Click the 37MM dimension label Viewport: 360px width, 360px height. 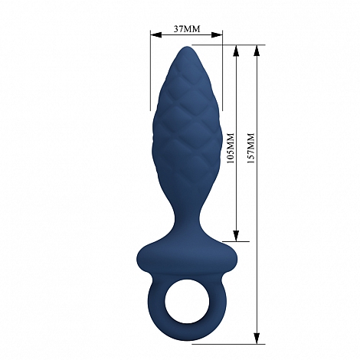(x=187, y=29)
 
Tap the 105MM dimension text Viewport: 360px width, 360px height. (x=231, y=148)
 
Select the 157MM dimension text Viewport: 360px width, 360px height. (x=251, y=148)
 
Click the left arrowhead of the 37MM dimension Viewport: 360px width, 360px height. (x=155, y=35)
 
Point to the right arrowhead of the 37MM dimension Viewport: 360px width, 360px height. (x=217, y=35)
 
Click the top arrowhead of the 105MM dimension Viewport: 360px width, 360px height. (x=236, y=51)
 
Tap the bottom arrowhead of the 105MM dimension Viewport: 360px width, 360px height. (x=236, y=236)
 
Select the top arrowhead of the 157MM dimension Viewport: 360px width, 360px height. (x=257, y=51)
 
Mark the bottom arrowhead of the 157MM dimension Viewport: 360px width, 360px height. (x=257, y=338)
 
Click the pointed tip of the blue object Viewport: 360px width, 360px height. (x=188, y=47)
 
